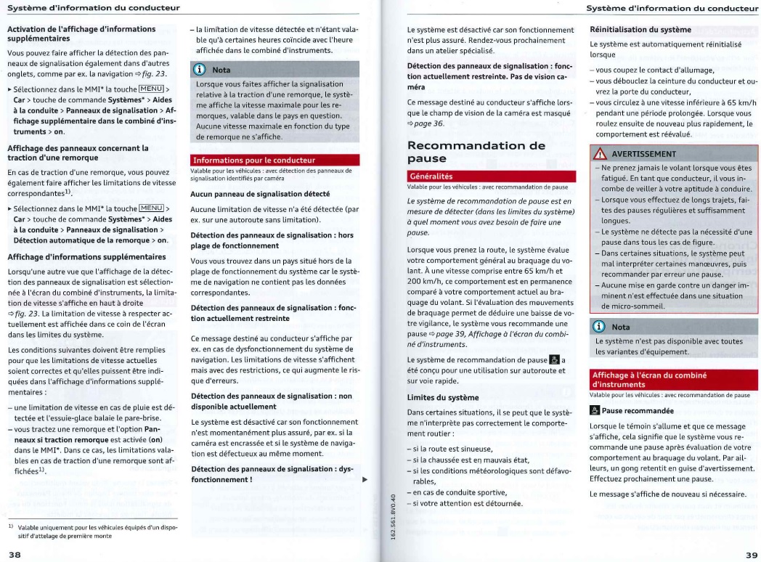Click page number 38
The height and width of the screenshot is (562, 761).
point(15,554)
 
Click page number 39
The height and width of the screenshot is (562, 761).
point(751,554)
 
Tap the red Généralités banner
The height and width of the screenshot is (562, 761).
point(431,176)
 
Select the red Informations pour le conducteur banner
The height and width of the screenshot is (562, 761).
point(254,160)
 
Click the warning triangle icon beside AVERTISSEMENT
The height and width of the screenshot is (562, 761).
point(601,154)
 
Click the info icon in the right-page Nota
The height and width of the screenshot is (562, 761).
point(601,327)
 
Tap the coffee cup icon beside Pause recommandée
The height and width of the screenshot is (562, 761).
point(595,411)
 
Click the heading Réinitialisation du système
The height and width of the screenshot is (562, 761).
point(640,30)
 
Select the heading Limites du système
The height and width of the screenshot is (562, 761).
point(442,397)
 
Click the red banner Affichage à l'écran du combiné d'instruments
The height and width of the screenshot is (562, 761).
point(640,379)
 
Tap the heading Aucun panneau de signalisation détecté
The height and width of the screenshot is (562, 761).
point(260,194)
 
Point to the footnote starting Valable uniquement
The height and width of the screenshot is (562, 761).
point(94,532)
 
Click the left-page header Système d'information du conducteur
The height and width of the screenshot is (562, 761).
point(93,8)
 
